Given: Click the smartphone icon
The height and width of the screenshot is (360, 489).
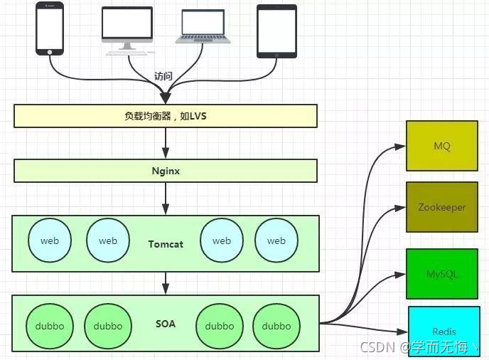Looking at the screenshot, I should pos(49,28).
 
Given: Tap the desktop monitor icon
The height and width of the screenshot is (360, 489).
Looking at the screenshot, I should pos(127,28).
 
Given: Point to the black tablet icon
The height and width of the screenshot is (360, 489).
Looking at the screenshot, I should pos(276,31).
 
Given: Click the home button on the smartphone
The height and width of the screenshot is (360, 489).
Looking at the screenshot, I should pos(50,51).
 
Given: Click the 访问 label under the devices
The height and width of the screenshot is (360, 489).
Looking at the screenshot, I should pos(163,76).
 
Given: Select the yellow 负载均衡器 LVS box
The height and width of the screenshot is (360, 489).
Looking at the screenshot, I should pos(165,116).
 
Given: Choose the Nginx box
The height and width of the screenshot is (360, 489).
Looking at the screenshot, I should pos(165,171).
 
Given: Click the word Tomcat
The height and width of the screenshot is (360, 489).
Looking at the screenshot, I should pos(166,244).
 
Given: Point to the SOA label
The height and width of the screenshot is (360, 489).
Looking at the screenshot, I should pos(166,324).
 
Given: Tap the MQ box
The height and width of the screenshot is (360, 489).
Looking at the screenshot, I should pos(441,146).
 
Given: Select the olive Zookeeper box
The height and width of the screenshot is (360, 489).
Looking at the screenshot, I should pos(441,207).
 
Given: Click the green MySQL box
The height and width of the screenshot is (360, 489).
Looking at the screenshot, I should pos(441,273).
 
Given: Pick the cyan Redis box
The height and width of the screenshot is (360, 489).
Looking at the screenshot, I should pos(444,332).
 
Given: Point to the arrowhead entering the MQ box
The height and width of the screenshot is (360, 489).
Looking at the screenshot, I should pos(401,147).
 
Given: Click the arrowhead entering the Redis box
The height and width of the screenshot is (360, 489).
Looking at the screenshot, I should pos(403,332).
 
